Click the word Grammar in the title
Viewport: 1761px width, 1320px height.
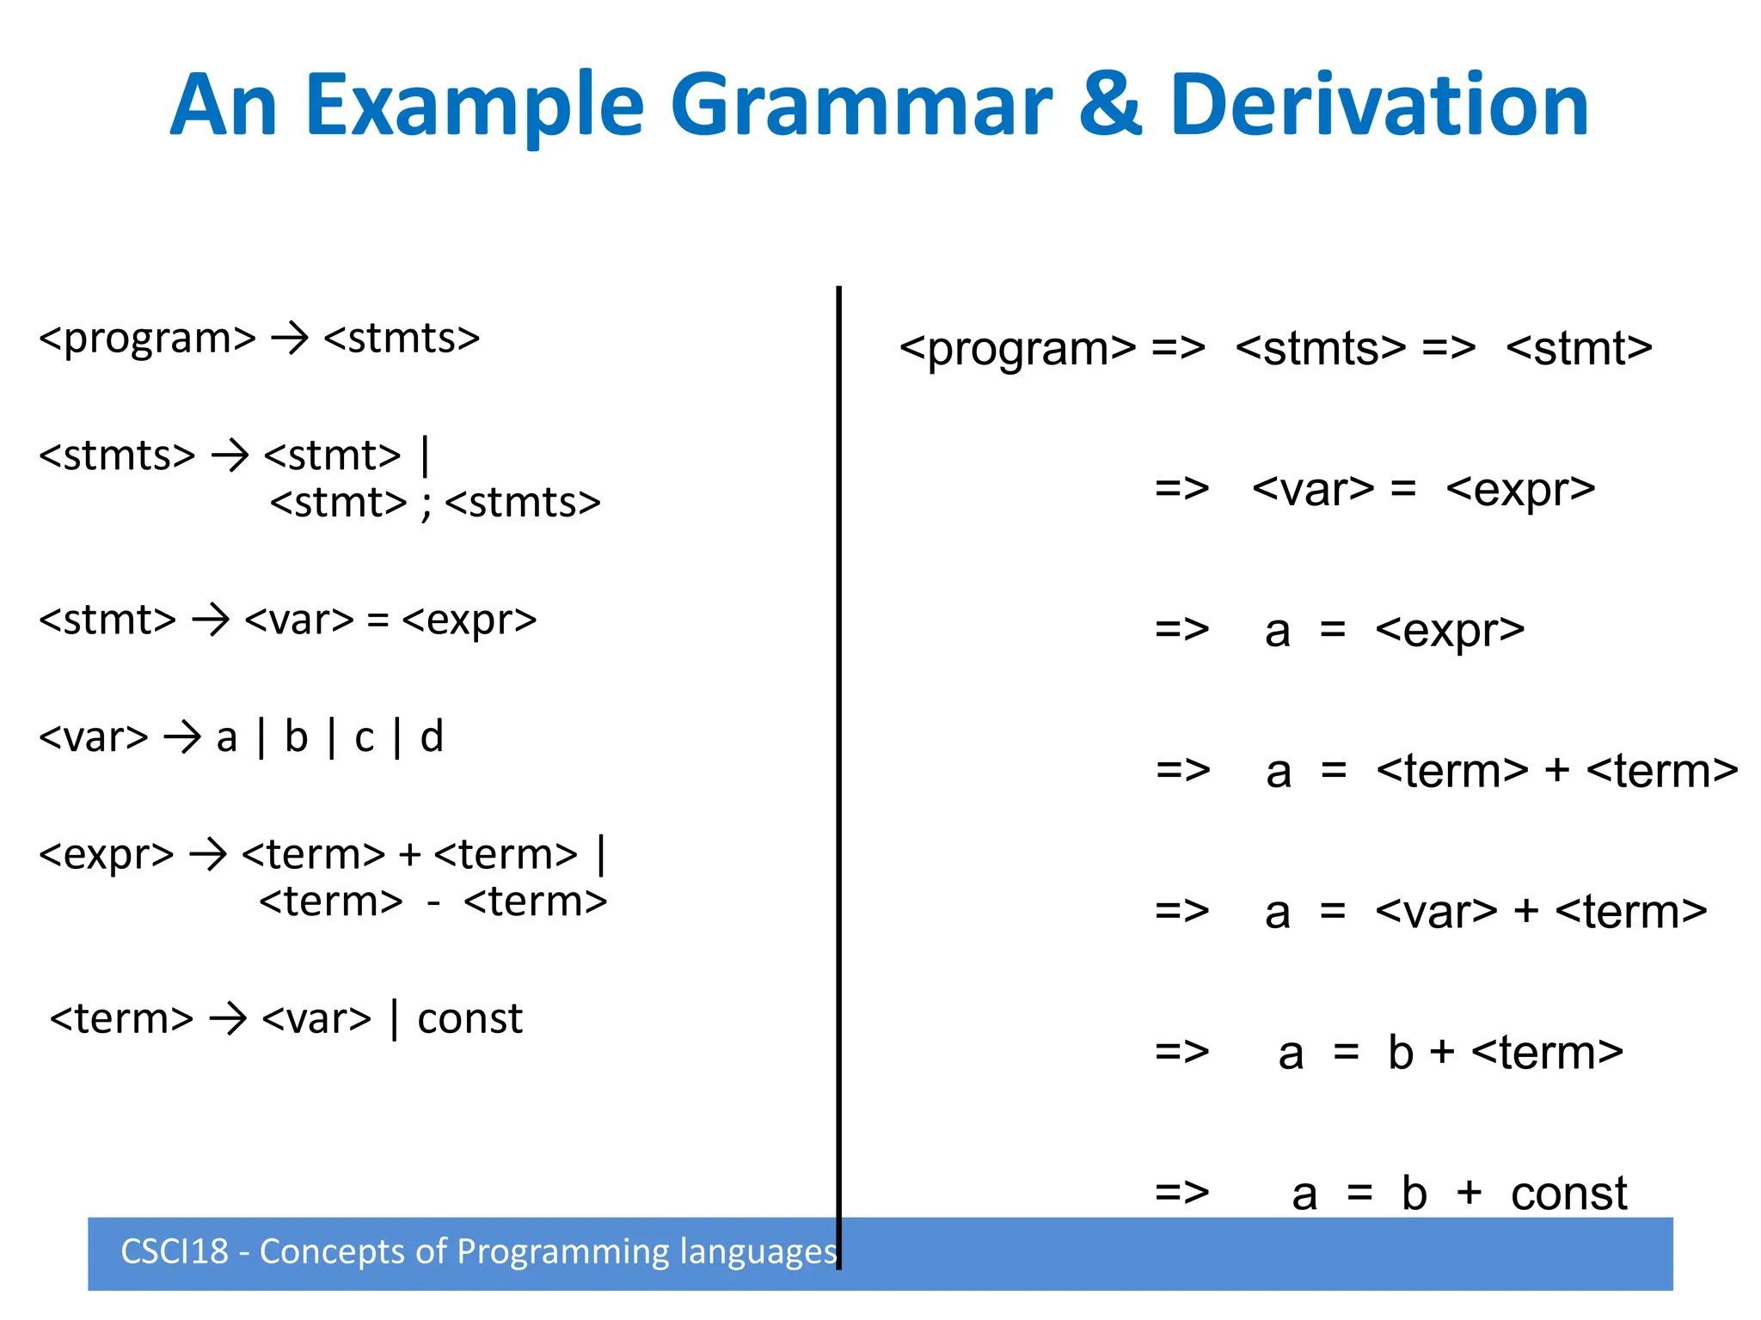tap(860, 107)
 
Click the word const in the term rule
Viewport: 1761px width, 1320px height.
tap(469, 1019)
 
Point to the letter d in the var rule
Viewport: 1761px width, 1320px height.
tap(432, 737)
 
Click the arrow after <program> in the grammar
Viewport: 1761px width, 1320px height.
tap(290, 338)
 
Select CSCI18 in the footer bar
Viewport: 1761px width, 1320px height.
tap(175, 1252)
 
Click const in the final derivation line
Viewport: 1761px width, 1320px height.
tap(1568, 1194)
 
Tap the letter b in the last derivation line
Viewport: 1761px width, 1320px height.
tap(1414, 1193)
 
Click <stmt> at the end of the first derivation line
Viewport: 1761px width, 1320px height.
tap(1579, 348)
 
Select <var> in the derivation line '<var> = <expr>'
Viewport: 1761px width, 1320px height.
tap(1313, 490)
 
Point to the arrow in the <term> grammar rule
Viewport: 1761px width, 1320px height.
tap(228, 1019)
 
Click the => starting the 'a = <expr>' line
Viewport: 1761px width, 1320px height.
tap(1181, 630)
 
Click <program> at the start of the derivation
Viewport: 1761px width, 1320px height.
tap(1017, 349)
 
